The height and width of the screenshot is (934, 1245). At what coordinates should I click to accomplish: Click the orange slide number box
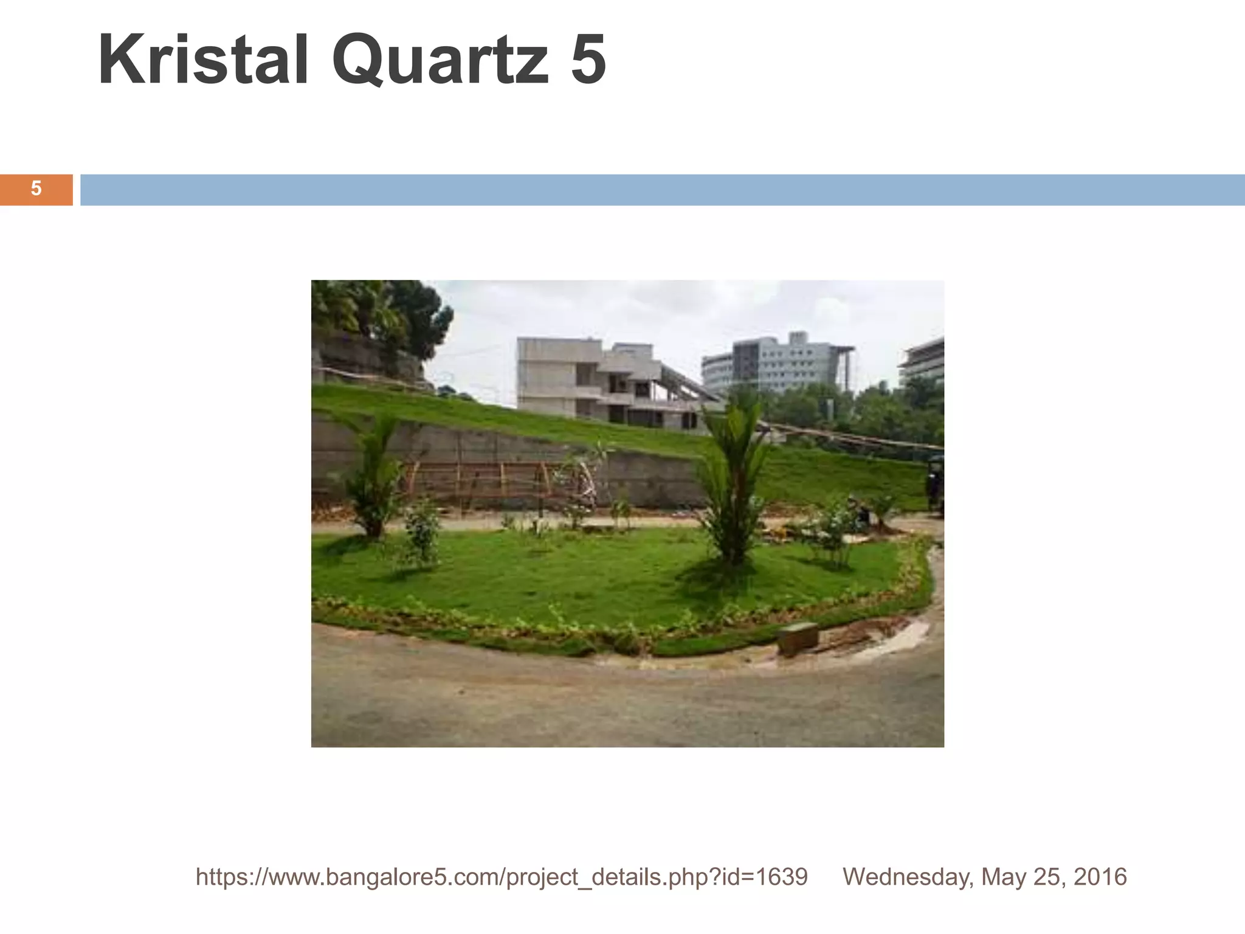(36, 189)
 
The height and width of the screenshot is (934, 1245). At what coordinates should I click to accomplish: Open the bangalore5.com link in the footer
(502, 877)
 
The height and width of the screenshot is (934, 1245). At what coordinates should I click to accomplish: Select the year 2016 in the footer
(1100, 877)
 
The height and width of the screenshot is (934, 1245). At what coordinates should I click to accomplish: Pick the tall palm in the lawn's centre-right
(733, 480)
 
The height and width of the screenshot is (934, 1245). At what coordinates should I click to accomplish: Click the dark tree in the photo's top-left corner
(389, 316)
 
